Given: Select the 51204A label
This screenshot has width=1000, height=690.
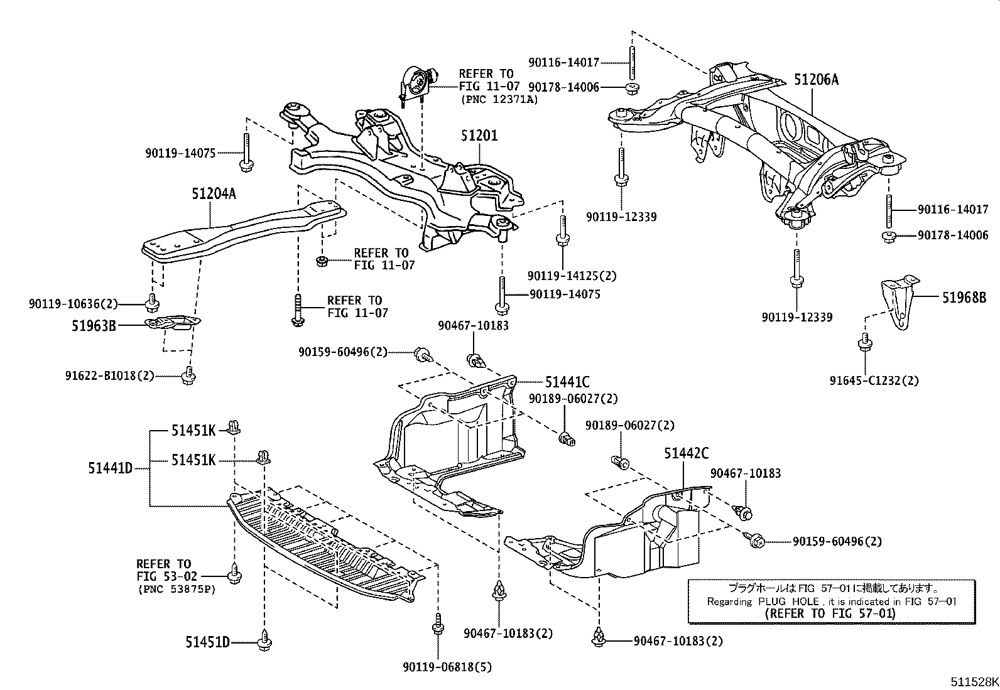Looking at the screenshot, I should tap(214, 194).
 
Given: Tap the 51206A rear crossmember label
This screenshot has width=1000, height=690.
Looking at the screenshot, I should tap(816, 80).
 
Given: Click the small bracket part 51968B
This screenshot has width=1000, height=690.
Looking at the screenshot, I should tap(896, 302).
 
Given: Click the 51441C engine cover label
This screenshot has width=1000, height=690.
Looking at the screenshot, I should tap(567, 382).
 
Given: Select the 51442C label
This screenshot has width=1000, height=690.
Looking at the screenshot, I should tap(687, 453).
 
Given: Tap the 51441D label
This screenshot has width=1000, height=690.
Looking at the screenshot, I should tap(110, 467).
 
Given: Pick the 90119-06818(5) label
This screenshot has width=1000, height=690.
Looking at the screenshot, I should tap(448, 667).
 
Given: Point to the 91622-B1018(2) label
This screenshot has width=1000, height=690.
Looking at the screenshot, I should tap(109, 375).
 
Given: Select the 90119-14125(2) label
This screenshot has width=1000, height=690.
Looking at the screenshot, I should tap(572, 275).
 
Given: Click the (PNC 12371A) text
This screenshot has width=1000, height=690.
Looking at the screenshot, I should tap(499, 99).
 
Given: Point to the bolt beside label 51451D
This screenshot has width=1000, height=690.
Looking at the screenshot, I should tap(264, 641).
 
